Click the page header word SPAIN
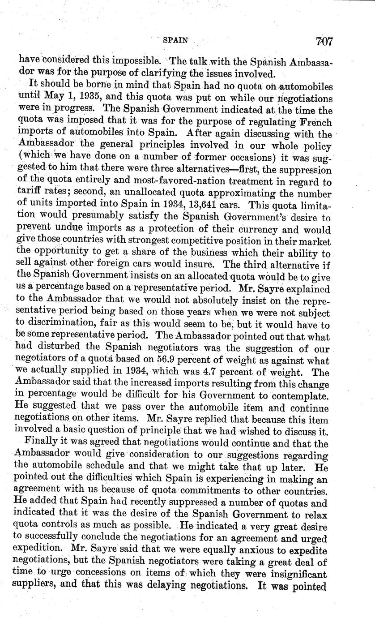175,40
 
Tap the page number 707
324,41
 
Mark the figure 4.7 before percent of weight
222,373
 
